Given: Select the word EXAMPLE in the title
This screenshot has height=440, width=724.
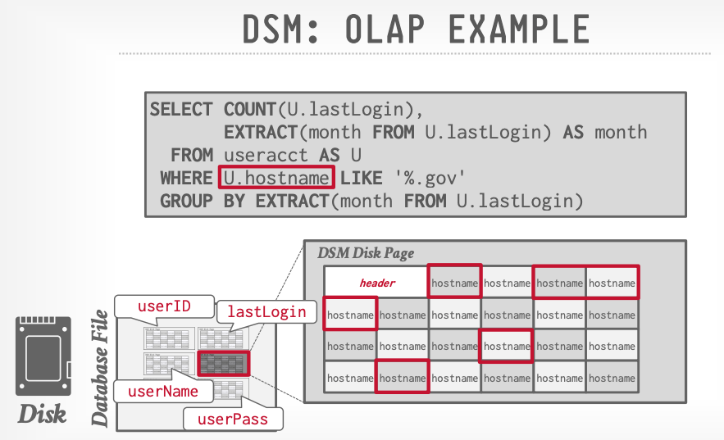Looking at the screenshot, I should [x=517, y=30].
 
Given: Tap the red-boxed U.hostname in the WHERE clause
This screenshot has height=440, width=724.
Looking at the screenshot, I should [x=276, y=177].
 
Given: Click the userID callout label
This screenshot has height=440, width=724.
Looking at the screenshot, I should [x=164, y=306].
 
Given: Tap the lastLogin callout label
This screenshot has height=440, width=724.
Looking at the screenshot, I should [x=266, y=311].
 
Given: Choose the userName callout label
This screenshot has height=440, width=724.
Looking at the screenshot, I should [x=162, y=391].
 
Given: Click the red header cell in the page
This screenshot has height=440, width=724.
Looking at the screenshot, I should [x=377, y=283].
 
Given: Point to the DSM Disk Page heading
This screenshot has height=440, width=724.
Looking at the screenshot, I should [x=366, y=253].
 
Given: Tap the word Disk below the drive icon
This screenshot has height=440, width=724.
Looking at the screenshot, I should [x=42, y=414].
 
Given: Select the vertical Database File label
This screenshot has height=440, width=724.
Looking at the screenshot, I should [x=100, y=368].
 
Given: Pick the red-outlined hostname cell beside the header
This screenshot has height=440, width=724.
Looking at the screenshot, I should [x=454, y=283].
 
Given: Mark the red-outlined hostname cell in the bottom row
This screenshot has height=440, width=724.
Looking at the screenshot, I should [x=402, y=378].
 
